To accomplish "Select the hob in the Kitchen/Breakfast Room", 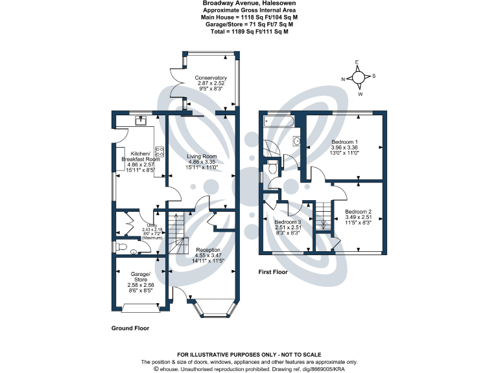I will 159,152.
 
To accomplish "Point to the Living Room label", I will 202,156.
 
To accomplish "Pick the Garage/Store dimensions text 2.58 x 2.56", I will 140,285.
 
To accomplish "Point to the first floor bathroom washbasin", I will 296,141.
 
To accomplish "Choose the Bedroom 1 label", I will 344,141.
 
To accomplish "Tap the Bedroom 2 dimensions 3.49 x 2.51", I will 358,218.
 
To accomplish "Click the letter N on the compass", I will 343,79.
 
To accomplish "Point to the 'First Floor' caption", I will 272,272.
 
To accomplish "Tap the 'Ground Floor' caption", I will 131,328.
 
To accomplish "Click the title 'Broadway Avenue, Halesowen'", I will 249,4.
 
